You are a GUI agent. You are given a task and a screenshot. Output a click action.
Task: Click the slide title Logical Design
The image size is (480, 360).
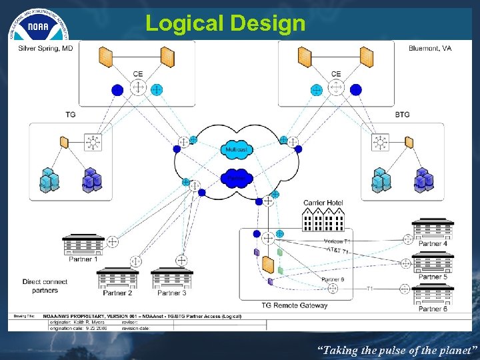225,23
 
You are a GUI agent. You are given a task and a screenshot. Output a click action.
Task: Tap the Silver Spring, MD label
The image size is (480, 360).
45,49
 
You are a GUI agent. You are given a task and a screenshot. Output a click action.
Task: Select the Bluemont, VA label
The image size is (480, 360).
430,49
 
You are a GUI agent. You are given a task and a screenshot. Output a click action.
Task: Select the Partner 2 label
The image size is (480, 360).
117,293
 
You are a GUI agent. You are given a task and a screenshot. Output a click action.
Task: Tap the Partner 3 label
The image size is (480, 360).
172,293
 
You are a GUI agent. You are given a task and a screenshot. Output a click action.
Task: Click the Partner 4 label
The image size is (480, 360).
433,244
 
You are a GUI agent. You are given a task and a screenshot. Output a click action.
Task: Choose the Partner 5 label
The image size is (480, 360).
433,277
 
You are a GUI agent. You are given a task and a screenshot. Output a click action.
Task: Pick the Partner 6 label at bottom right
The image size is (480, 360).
433,309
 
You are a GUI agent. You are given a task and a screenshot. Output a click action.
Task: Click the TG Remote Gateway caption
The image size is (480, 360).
294,305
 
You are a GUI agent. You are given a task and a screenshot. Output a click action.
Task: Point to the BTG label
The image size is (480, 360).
402,115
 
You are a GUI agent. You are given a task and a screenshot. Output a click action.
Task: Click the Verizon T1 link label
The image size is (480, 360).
333,241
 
